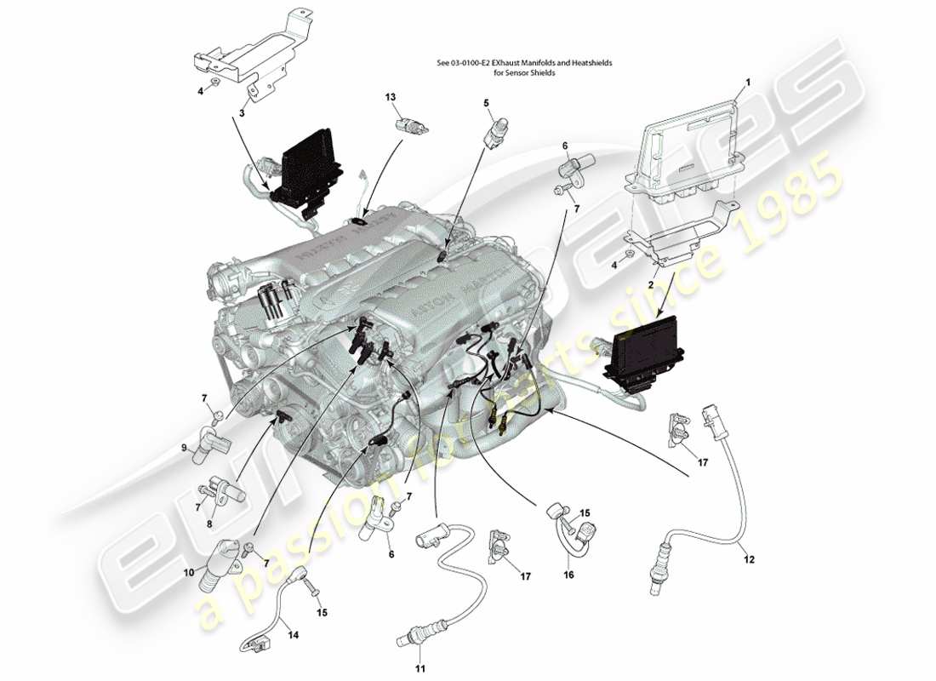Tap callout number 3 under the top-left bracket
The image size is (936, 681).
click(x=242, y=112)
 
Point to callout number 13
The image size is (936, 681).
click(x=391, y=98)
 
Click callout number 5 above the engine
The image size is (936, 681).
click(x=487, y=104)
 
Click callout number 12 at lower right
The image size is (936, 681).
click(x=750, y=559)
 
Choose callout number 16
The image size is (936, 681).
click(x=568, y=575)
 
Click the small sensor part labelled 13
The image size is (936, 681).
click(x=411, y=126)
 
